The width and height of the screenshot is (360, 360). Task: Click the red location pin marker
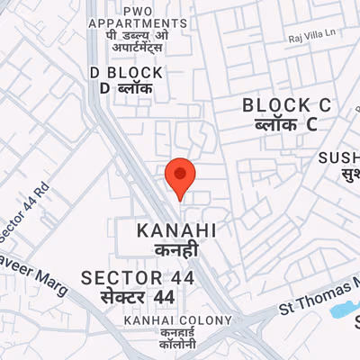[180, 178]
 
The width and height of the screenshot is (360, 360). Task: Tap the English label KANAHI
[177, 231]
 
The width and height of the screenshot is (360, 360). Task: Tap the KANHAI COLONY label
[178, 320]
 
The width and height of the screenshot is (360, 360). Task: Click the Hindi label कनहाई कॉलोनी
[177, 339]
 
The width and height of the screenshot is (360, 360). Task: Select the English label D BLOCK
[127, 72]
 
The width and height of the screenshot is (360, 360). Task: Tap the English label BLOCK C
[287, 105]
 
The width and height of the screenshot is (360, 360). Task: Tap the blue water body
[343, 310]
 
